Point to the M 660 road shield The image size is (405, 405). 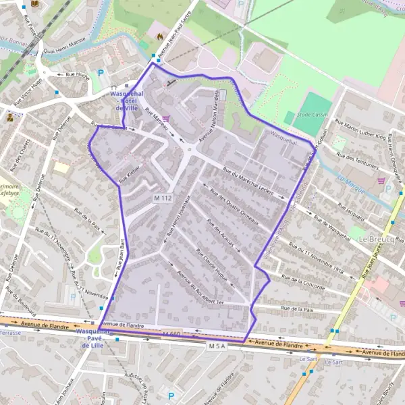[x=171, y=333]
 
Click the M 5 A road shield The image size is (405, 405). [x=216, y=346]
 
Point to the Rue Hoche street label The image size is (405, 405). [x=78, y=75]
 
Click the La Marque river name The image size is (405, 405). [x=350, y=184]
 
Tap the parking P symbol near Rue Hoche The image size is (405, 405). [x=101, y=73]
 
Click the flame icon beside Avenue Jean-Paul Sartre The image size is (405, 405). [x=160, y=36]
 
